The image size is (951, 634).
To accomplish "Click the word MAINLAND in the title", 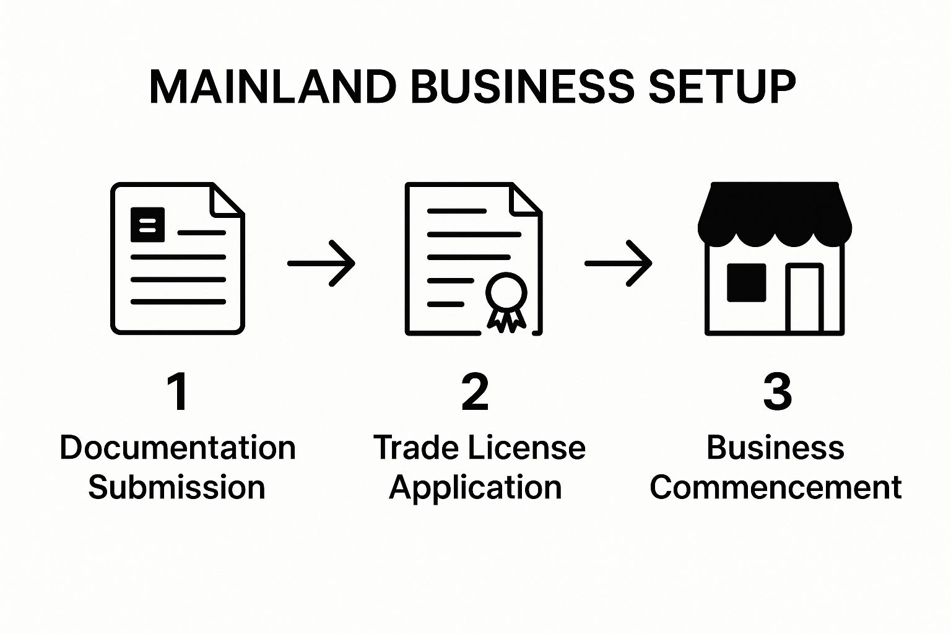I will click(272, 86).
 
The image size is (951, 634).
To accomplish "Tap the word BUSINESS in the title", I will click(522, 86).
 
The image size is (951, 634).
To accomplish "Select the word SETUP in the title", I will click(721, 86).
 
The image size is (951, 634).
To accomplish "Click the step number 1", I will click(178, 392).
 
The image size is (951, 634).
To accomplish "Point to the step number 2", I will click(475, 392).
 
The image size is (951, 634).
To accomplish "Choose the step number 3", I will click(777, 392).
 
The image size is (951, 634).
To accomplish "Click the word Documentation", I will click(178, 448).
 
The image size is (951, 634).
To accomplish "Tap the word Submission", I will click(176, 487).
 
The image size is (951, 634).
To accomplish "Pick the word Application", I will click(475, 488).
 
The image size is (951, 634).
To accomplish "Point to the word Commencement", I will click(775, 487).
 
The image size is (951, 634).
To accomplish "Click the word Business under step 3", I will click(775, 448).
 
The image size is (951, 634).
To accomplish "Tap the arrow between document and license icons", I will click(322, 263).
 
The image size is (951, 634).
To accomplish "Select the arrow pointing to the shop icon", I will click(619, 263).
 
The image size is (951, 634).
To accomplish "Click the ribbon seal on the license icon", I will click(506, 300).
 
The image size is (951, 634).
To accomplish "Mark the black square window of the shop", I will click(746, 283).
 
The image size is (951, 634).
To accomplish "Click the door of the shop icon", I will click(804, 299).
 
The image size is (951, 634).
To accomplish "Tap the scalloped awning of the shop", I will click(775, 214).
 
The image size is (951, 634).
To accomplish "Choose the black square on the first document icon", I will click(147, 224).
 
